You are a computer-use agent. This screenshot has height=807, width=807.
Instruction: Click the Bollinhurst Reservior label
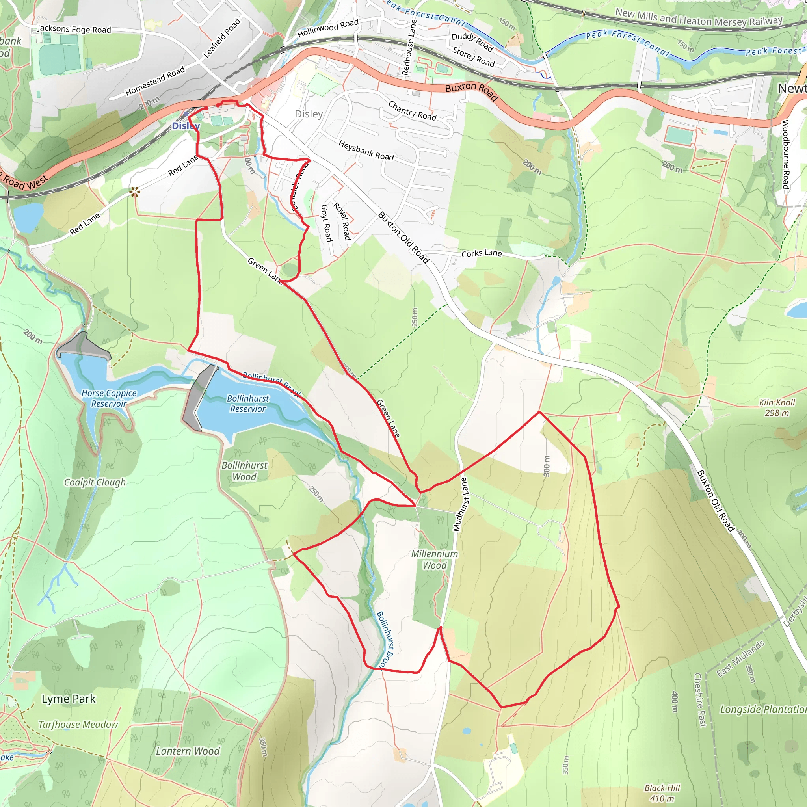coord(248,403)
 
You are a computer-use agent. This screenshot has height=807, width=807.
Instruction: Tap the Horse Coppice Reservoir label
coord(109,398)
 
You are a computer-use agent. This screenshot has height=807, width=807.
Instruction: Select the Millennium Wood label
coord(434,559)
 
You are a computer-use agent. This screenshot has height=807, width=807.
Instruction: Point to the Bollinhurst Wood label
coord(244,471)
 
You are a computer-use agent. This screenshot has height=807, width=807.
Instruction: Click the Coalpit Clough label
coord(95,482)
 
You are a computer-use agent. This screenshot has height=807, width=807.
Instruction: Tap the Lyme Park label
coord(69,699)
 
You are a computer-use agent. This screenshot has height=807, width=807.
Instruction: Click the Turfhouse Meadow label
coord(78,724)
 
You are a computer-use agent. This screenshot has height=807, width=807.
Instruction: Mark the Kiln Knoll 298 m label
coord(777,407)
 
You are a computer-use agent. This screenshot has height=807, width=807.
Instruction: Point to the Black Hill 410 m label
coord(662,793)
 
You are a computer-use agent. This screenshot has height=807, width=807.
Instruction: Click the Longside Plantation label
coord(763,709)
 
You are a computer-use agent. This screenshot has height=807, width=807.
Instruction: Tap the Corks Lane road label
coord(481,253)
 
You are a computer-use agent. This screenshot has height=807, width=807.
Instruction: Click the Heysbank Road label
coord(366,151)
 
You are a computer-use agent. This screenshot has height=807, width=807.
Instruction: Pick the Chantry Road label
coord(412,111)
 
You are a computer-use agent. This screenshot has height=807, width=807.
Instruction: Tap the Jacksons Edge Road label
coord(74,29)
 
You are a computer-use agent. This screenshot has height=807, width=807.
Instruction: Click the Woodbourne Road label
coord(785,154)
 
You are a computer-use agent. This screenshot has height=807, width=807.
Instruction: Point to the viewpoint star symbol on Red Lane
coord(134,192)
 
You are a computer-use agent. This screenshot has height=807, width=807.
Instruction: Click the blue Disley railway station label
coord(186,126)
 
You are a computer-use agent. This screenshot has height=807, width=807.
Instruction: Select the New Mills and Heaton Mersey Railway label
coord(698,18)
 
